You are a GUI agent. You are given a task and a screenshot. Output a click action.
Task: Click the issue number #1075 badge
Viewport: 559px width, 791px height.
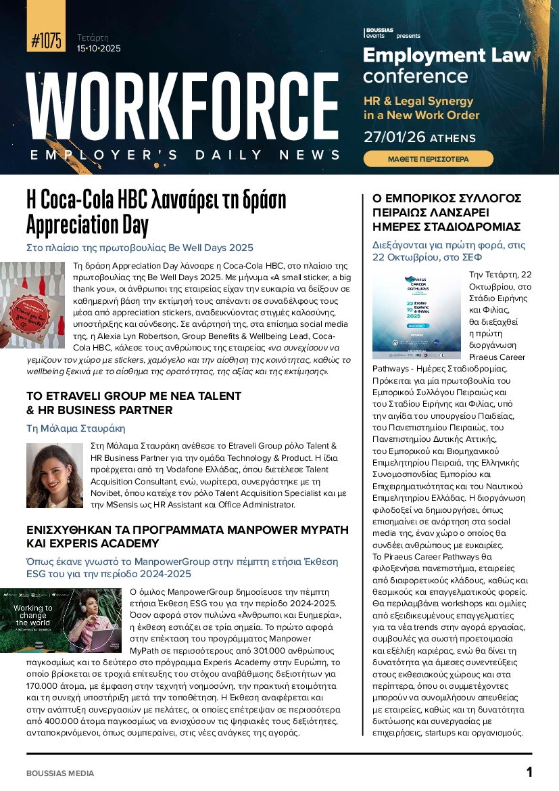click(x=46, y=40)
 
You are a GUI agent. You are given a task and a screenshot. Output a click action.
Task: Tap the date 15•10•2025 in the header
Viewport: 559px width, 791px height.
click(x=99, y=49)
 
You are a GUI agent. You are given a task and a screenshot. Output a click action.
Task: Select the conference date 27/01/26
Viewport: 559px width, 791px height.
click(x=394, y=137)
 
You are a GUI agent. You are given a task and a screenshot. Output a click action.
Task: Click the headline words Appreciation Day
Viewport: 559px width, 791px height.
click(x=87, y=223)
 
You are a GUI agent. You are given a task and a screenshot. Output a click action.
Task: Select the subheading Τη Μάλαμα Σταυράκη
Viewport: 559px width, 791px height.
click(x=75, y=428)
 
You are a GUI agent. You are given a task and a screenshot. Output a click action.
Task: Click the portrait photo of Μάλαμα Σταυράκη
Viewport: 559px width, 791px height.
click(x=55, y=476)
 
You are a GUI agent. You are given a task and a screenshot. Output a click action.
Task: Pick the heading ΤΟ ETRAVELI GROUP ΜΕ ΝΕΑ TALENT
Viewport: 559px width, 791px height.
click(x=133, y=396)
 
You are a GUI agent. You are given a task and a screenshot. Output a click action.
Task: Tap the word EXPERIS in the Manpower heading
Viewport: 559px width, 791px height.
click(x=57, y=543)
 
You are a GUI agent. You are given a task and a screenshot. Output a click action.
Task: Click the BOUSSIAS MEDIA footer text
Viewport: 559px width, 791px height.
click(x=60, y=773)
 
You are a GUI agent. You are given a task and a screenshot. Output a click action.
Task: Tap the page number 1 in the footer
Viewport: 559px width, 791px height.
click(x=529, y=772)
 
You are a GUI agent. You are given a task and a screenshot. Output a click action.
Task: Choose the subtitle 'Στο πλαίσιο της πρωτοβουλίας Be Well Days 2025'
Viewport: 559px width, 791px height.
click(x=139, y=248)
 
